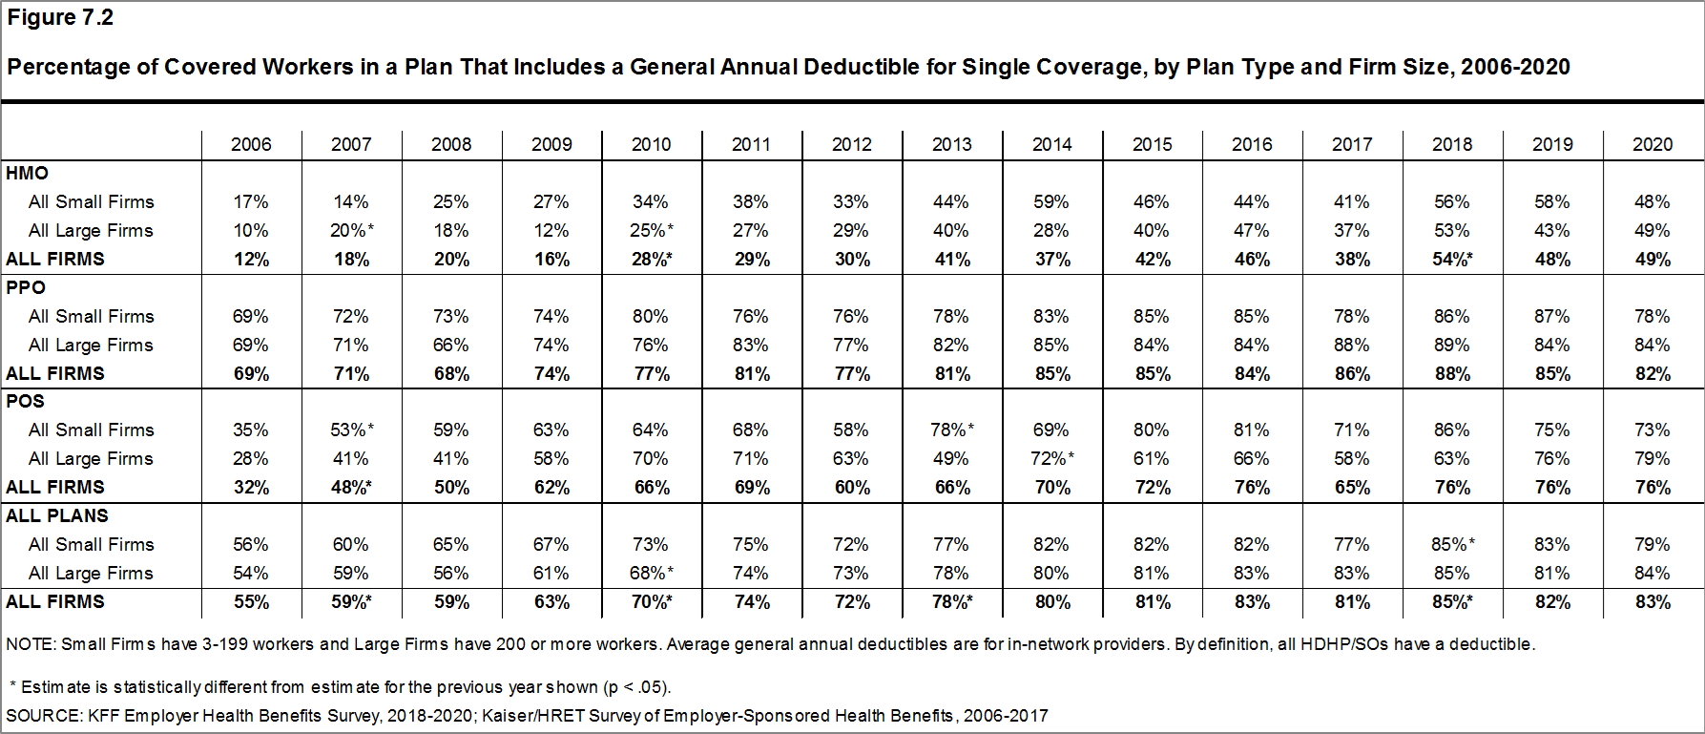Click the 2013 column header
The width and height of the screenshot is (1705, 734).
pos(951,144)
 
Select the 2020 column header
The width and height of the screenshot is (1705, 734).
pos(1652,144)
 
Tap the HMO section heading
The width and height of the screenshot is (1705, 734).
pos(27,173)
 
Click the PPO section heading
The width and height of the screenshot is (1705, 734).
pos(26,287)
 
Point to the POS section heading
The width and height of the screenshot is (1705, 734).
pos(26,401)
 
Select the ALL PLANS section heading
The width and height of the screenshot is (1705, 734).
pos(57,515)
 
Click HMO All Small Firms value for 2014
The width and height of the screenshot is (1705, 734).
pos(1050,201)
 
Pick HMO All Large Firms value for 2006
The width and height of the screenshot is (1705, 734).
pos(251,230)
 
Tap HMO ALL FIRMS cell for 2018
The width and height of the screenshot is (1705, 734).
pos(1452,259)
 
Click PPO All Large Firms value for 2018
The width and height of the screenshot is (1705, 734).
pos(1451,345)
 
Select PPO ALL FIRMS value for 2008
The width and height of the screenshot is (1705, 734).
pos(451,373)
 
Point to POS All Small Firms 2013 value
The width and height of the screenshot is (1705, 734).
pos(952,430)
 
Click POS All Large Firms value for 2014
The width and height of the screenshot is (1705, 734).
pos(1052,458)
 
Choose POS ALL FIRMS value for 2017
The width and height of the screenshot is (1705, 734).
pos(1352,487)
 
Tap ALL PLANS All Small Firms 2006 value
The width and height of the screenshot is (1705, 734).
pos(251,544)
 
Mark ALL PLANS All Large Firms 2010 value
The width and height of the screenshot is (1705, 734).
pos(652,573)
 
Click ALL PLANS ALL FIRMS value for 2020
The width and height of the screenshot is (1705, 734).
pos(1653,601)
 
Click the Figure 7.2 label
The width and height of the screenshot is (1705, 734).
pos(60,17)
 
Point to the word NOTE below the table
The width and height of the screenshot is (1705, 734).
pos(30,644)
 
